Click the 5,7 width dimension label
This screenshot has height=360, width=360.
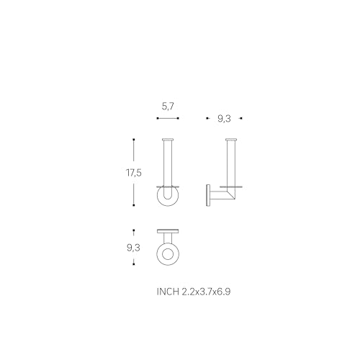[x=168, y=107]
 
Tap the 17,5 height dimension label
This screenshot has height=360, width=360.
[x=134, y=173]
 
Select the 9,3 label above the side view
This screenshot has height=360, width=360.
[x=224, y=119]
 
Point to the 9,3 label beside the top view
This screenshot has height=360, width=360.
[x=133, y=248]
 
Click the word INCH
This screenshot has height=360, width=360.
[x=168, y=292]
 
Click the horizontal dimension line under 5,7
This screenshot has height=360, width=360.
[x=168, y=118]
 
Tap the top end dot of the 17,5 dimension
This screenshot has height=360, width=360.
[x=134, y=140]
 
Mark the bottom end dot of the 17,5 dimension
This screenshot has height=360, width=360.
[x=134, y=205]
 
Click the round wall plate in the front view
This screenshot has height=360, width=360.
[x=158, y=197]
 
